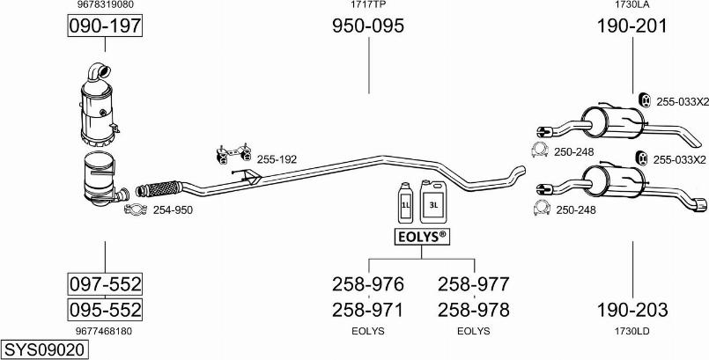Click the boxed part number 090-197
[105, 26]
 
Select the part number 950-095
[368, 26]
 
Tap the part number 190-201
[632, 26]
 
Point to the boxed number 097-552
[105, 284]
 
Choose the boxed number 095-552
[105, 310]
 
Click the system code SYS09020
[44, 349]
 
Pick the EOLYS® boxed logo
[422, 237]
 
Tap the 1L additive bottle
[406, 202]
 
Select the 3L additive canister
[433, 202]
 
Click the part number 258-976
[368, 284]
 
